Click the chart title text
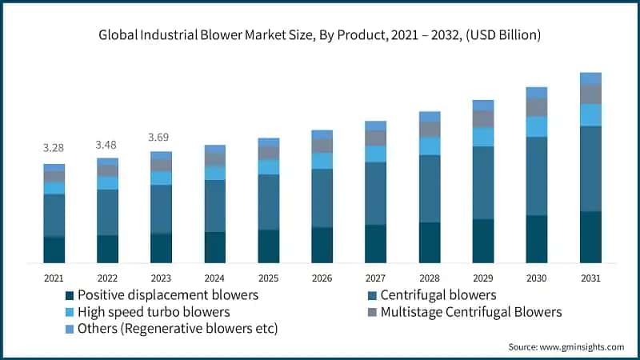tap(320, 34)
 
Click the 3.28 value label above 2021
tap(54, 148)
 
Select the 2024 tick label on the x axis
tap(214, 278)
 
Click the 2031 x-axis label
tap(590, 278)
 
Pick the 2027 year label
tap(375, 278)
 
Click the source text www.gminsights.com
tap(566, 346)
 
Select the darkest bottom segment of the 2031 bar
tap(590, 237)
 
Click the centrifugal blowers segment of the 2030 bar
tap(537, 176)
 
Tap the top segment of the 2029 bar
tap(483, 105)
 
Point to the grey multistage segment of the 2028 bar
tap(430, 129)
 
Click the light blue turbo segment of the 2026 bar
tap(322, 161)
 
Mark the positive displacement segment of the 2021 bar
tap(54, 250)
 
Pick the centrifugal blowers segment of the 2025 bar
tap(268, 202)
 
